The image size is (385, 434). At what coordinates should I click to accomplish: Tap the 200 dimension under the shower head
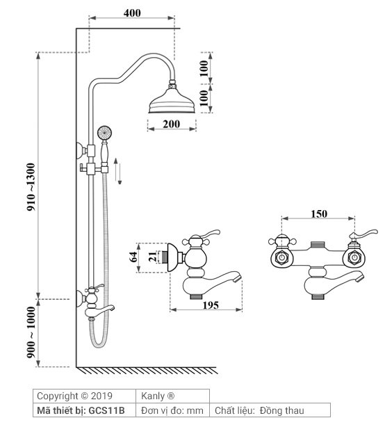point(171,124)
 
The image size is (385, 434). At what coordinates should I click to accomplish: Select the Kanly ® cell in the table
point(160,396)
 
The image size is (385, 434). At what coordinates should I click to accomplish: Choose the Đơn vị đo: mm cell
point(172,410)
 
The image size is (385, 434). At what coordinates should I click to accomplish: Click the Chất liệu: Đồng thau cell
point(260,410)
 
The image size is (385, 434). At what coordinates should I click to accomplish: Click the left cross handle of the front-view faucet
point(280,243)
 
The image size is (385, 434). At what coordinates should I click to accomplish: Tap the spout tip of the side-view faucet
point(239,280)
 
